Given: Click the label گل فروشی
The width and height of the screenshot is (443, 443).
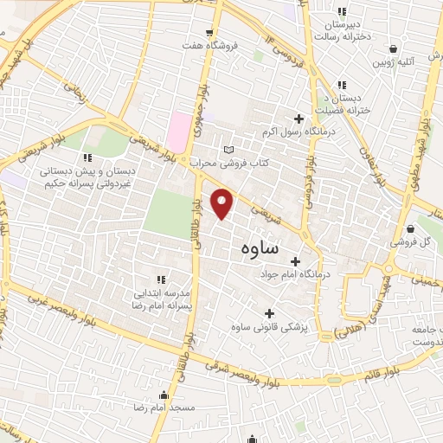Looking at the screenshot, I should pyautogui.click(x=423, y=242).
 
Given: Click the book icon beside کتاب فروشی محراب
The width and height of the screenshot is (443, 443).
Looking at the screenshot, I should pyautogui.click(x=228, y=150).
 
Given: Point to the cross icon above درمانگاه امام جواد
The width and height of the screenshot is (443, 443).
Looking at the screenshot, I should pyautogui.click(x=295, y=260).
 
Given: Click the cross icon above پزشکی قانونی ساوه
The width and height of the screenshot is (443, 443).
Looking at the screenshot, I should pyautogui.click(x=268, y=312).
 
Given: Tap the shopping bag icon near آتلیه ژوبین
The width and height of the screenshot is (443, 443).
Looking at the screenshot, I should pyautogui.click(x=394, y=49).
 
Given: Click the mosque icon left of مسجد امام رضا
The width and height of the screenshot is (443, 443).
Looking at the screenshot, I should pyautogui.click(x=164, y=396).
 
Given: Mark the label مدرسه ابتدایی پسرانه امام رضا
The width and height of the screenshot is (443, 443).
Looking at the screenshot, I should pyautogui.click(x=171, y=300).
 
